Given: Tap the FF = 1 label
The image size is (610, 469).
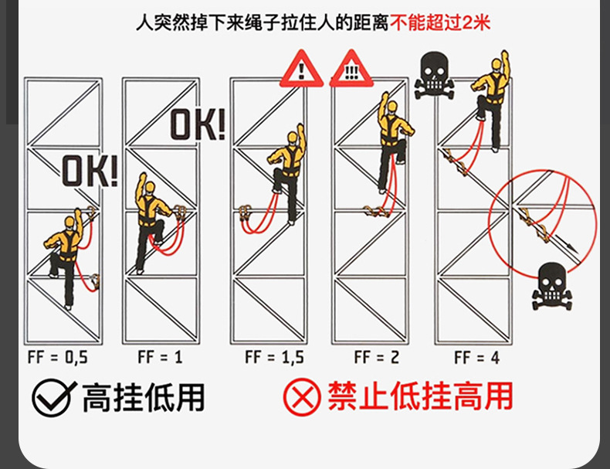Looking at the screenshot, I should (160, 357).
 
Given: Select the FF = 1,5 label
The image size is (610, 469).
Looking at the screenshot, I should (274, 357).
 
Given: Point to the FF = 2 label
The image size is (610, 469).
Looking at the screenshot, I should (376, 357).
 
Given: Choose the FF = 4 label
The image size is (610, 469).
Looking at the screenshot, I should (476, 357).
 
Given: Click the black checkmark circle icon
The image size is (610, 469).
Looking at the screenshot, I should (52, 398).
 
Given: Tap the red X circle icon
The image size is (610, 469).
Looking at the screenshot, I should (302, 398).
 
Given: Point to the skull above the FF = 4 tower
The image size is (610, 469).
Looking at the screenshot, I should (436, 75).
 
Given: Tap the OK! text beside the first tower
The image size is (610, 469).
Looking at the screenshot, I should (90, 172).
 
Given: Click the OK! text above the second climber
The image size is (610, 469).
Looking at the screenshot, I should (198, 124).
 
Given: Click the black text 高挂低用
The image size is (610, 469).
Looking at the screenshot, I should (144, 397).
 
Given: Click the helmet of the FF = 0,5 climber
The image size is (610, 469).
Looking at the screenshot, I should (69, 223).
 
